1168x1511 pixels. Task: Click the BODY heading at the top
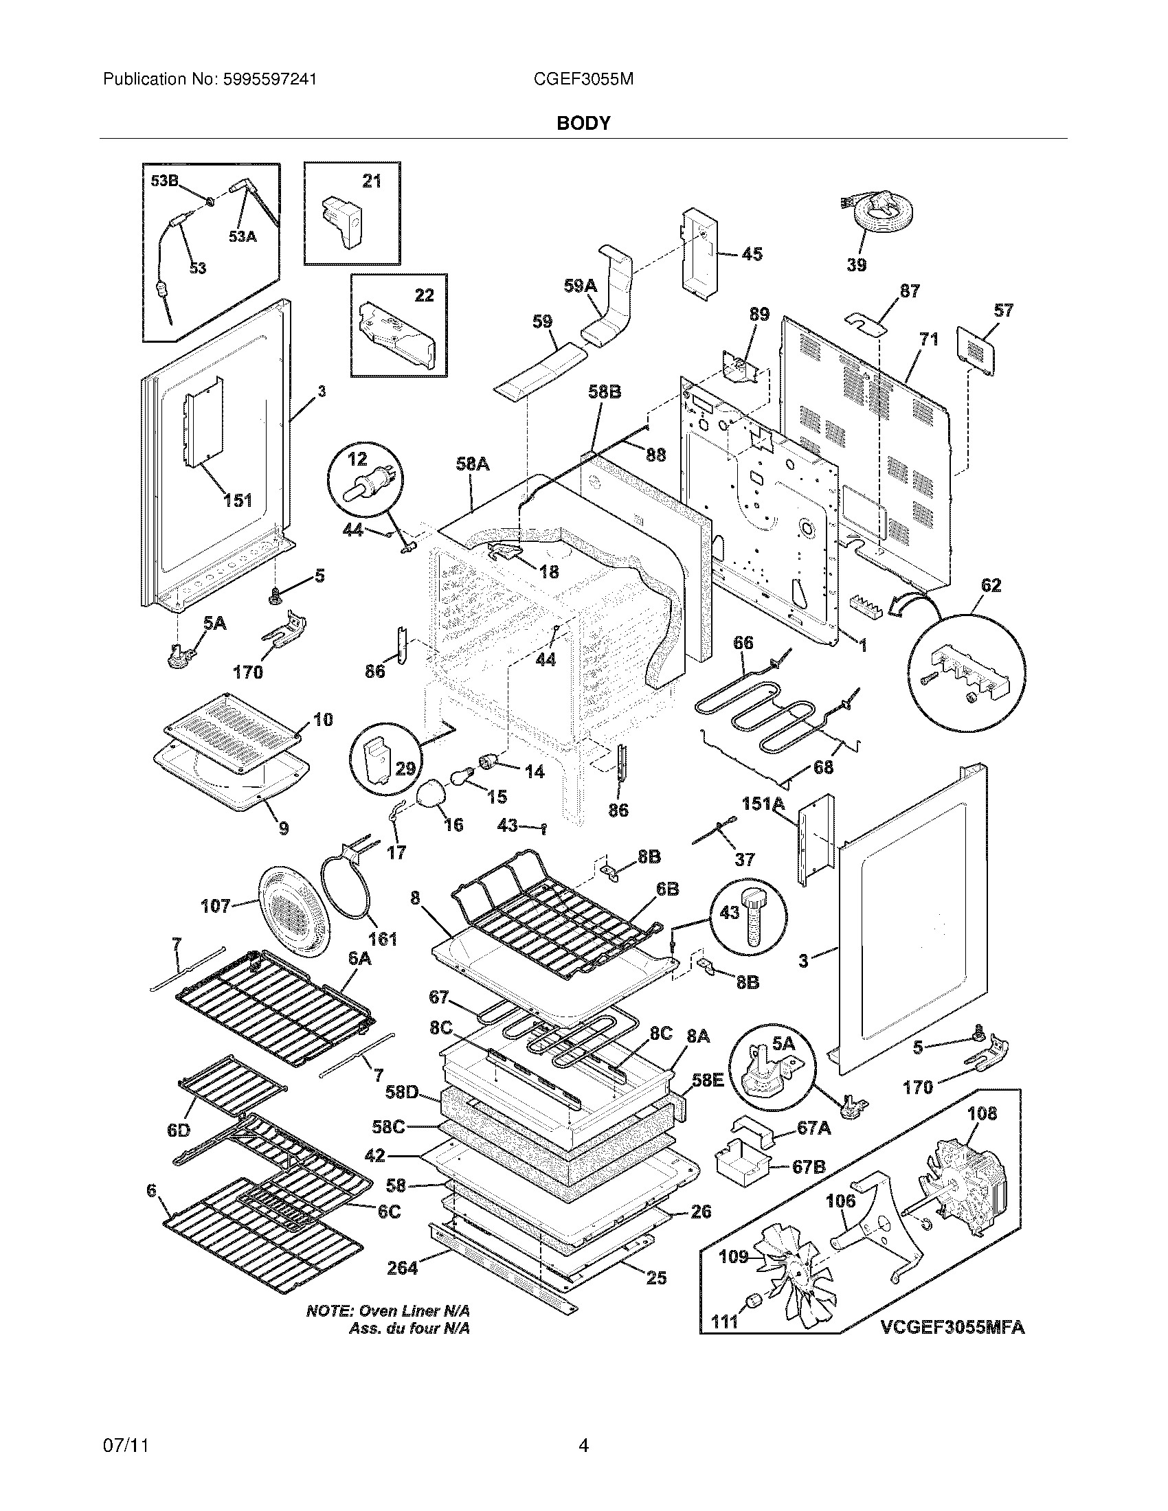coord(584,123)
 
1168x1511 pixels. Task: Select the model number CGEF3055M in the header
coord(583,80)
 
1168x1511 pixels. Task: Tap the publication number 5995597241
coord(270,80)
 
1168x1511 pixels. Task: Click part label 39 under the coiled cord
coord(856,264)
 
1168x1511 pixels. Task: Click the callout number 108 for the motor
coord(982,1113)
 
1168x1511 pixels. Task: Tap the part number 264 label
coord(402,1267)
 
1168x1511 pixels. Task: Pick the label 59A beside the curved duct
coord(580,286)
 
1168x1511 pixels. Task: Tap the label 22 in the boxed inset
coord(424,295)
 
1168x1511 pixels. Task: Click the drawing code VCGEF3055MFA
coord(952,1328)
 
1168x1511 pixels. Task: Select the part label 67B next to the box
coord(809,1167)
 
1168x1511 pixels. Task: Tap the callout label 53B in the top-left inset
coord(165,181)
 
